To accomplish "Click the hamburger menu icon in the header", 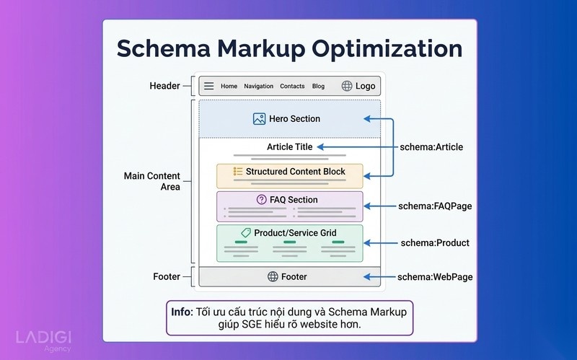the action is (208, 86).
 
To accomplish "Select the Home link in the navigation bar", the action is (229, 86).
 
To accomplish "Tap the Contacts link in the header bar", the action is (292, 86).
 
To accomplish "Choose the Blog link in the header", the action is (318, 86).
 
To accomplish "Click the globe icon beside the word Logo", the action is (347, 86).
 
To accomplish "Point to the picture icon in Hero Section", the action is (259, 118).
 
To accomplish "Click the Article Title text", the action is (290, 147).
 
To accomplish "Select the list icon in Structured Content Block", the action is (238, 171).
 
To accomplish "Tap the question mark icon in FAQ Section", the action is (261, 200).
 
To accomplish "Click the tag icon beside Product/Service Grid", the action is (246, 232).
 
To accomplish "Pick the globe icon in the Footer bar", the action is (273, 276).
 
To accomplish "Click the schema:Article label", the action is (431, 147).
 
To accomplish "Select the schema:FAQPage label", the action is (435, 206).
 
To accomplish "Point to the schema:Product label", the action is (435, 243).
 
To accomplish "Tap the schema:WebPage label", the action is (435, 277).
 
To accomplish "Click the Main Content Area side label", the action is (152, 181).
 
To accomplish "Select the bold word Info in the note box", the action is (182, 312).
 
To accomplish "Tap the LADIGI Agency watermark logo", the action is (43, 341).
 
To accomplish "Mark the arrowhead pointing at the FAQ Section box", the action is (367, 206).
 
